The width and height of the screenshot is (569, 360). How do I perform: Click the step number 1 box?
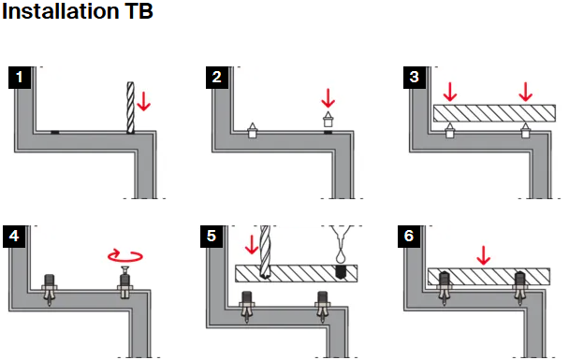[20, 78]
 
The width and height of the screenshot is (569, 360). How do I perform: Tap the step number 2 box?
[217, 78]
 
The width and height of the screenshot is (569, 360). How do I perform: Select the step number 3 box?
[415, 78]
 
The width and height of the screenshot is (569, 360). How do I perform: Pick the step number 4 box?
[14, 237]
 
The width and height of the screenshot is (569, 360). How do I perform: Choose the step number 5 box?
[212, 237]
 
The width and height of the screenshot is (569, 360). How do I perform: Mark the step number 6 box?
[409, 237]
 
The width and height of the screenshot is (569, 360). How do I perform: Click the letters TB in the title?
[139, 11]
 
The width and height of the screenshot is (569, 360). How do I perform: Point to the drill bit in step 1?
[130, 108]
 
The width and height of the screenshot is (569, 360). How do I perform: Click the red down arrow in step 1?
[144, 101]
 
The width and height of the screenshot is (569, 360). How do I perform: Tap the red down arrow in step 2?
[328, 98]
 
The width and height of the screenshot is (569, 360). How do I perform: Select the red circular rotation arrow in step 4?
[125, 255]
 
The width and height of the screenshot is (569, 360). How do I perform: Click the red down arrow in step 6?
[483, 255]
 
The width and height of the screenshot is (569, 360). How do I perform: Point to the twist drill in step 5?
[265, 252]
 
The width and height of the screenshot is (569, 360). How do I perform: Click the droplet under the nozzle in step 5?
[341, 257]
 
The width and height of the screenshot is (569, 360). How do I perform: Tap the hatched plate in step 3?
[494, 113]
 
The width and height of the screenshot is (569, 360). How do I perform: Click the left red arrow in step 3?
[450, 92]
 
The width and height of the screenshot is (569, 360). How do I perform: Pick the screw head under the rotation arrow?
[125, 270]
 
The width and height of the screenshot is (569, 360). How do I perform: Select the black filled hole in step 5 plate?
[340, 272]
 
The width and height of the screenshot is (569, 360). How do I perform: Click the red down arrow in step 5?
[252, 244]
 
